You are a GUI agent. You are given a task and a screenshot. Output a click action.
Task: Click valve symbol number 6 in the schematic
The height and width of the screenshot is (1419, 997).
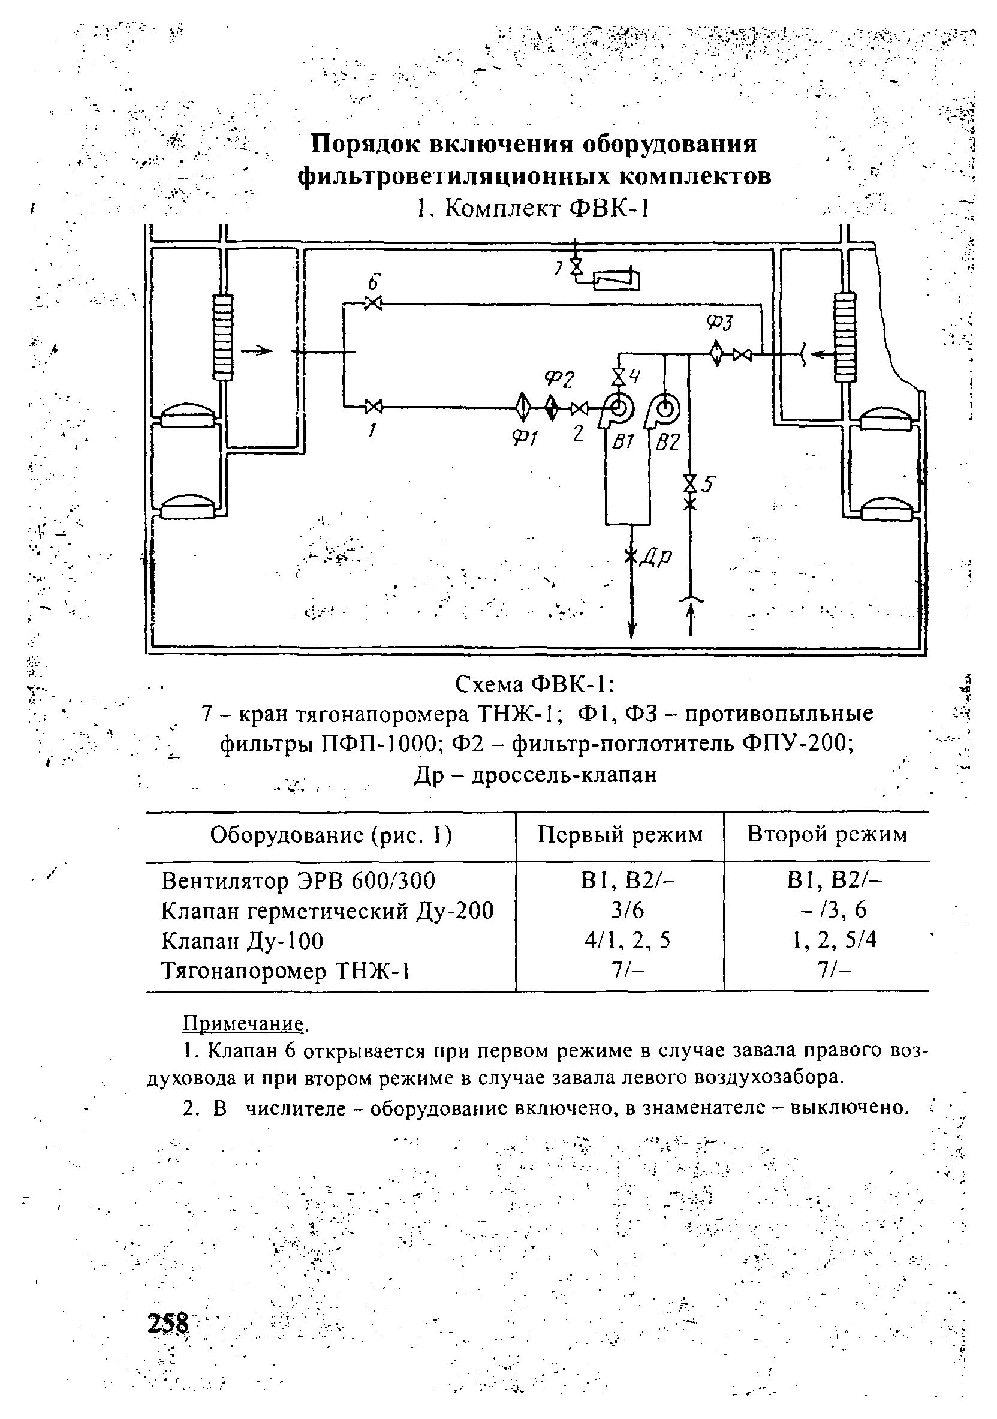(x=373, y=303)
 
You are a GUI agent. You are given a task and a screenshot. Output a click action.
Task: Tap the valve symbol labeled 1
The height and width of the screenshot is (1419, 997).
(x=373, y=407)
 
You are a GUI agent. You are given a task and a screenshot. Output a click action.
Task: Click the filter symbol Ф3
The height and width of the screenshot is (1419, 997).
(x=716, y=354)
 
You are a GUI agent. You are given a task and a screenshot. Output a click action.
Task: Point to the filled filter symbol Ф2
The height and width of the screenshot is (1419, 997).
(x=552, y=407)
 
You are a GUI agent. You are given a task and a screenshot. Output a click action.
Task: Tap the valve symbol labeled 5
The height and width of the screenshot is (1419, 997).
(x=689, y=483)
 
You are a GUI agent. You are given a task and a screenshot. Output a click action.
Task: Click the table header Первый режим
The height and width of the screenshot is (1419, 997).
(x=620, y=835)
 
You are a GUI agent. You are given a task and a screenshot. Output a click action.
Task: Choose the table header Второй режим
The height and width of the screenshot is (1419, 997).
(x=827, y=835)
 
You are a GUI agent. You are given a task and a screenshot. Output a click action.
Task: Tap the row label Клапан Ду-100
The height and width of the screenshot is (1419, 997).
(x=242, y=941)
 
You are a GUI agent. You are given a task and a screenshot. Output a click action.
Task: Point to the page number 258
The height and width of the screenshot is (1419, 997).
(x=167, y=1323)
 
